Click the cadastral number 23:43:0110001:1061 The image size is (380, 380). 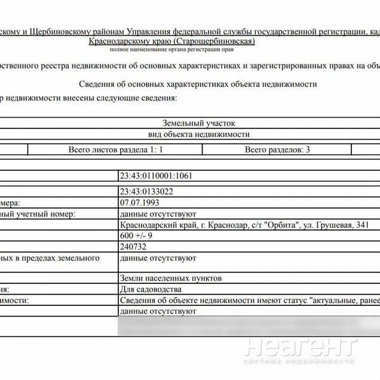point(156,176)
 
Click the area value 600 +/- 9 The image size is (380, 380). point(137,235)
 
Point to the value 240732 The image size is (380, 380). point(133,246)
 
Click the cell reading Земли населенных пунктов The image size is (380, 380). point(170,278)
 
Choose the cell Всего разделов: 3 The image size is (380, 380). point(277,149)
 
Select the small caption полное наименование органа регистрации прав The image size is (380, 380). point(172,50)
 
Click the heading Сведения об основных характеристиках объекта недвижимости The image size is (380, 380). point(197,84)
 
